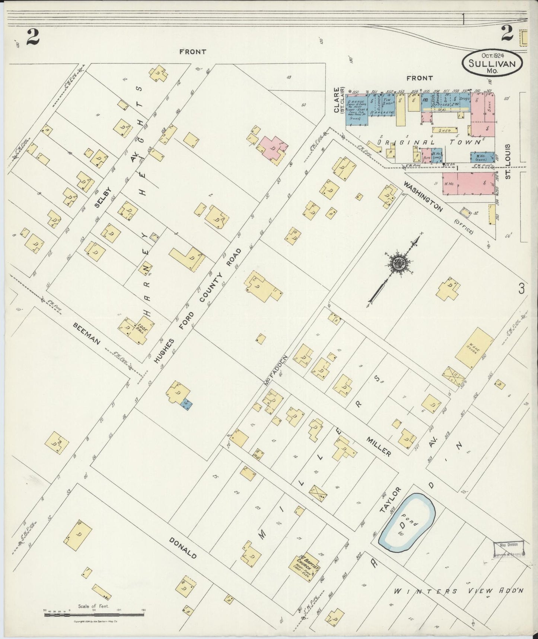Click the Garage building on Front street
357,107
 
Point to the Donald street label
182,548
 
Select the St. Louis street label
508,161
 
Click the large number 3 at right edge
522,288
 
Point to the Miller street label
378,446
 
